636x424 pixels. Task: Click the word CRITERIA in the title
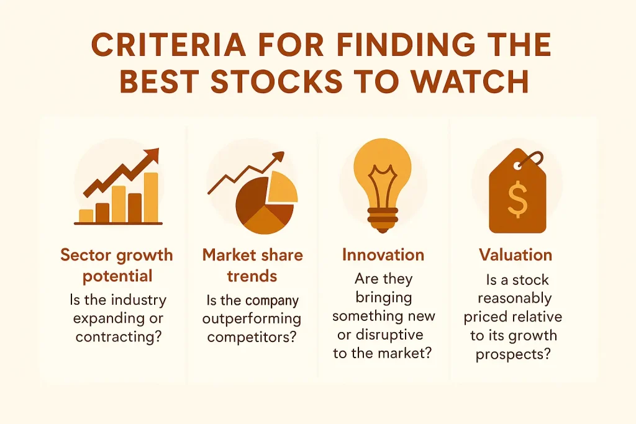click(169, 44)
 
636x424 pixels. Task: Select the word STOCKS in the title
click(276, 81)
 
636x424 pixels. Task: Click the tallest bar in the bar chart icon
click(151, 197)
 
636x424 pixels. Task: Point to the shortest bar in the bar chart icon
click(86, 216)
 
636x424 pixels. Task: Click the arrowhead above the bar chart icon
click(152, 155)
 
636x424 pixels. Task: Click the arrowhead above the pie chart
click(279, 156)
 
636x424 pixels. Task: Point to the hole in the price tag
click(519, 166)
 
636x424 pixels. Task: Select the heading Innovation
click(383, 255)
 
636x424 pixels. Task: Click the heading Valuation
click(516, 255)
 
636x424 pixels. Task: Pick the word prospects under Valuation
click(513, 354)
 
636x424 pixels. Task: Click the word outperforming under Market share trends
click(252, 319)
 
